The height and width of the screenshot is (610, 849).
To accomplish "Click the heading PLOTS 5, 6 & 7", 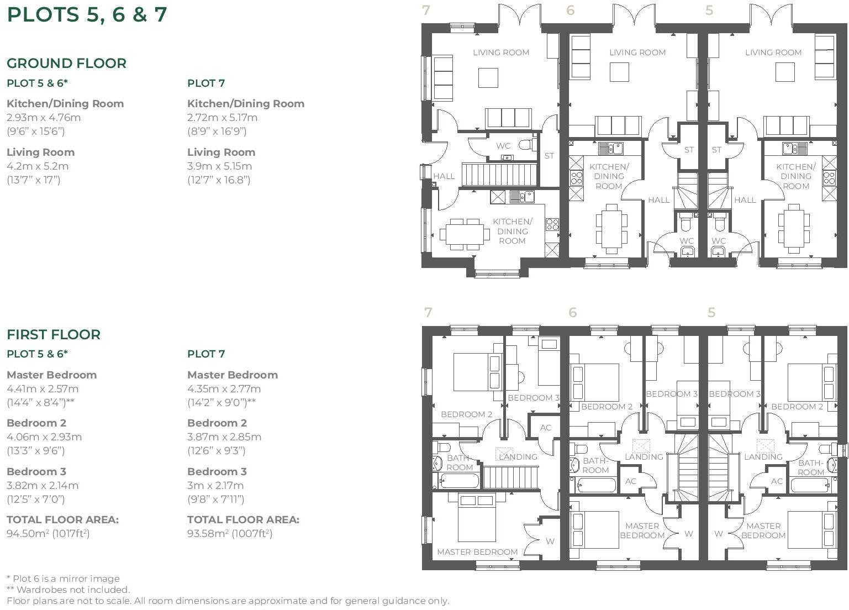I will [x=87, y=14].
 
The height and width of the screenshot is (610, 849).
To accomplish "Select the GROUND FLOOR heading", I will [x=66, y=64].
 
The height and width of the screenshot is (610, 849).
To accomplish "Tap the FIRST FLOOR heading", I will [x=54, y=334].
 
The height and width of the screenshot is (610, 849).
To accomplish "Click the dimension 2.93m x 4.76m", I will [x=44, y=117].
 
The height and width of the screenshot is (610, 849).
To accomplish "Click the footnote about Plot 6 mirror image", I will [x=63, y=579].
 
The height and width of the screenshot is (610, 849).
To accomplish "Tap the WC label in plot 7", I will [x=503, y=146].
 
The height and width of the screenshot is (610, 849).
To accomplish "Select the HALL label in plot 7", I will [x=444, y=176].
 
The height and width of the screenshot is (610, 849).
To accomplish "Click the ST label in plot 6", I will [x=689, y=150].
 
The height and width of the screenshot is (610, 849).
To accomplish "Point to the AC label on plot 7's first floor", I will [x=546, y=428].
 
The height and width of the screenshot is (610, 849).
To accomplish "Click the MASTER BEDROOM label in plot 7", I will [x=477, y=551].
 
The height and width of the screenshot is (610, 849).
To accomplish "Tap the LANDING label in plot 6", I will [x=644, y=457].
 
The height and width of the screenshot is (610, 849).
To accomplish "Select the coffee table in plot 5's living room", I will [x=785, y=72].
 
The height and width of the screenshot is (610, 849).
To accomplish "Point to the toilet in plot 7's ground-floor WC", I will [x=526, y=145].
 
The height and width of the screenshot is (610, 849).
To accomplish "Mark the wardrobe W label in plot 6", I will [x=689, y=534].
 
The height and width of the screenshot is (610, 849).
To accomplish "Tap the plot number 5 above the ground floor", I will [x=709, y=10].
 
